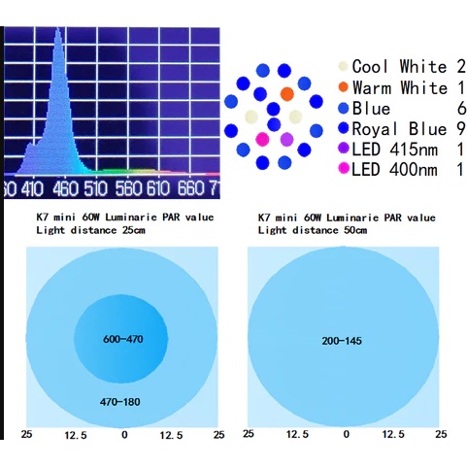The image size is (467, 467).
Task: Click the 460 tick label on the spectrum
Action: tap(66, 188)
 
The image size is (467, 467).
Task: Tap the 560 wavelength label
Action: tap(129, 188)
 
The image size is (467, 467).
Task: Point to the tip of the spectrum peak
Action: tap(58, 28)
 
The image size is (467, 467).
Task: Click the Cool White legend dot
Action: tap(343, 66)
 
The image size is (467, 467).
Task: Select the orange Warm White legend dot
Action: tap(343, 87)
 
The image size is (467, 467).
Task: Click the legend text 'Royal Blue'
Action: tap(399, 129)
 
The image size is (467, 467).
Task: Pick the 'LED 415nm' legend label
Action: tap(394, 150)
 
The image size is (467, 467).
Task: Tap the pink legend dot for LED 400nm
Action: tap(344, 169)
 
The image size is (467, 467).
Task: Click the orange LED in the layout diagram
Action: tap(286, 94)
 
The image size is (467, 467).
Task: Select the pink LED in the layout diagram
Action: tap(262, 139)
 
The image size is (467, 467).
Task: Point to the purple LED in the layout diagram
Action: tap(286, 140)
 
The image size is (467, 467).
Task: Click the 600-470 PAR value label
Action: tap(123, 339)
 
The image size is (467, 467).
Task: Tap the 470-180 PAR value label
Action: tap(120, 402)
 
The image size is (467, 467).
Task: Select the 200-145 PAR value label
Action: tap(342, 341)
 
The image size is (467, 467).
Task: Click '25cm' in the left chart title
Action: tap(134, 230)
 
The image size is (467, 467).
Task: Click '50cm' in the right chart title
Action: tap(355, 230)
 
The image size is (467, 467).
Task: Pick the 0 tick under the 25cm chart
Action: tap(124, 435)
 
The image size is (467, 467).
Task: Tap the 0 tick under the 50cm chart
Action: tap(347, 434)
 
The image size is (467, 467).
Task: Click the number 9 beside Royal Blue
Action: tap(461, 129)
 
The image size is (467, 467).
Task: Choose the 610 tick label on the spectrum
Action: tap(158, 188)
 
